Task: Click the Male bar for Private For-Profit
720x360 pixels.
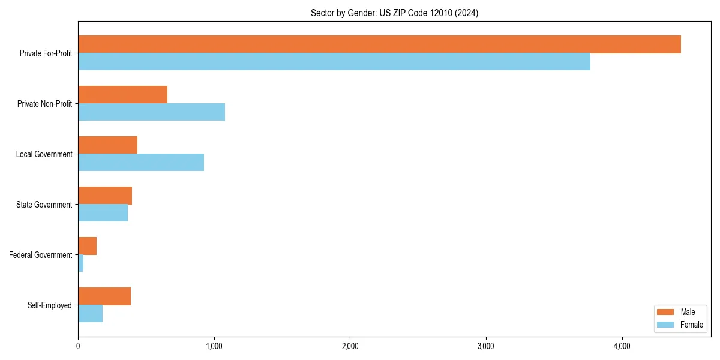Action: [x=379, y=44]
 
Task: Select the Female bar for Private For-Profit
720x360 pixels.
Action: [x=334, y=62]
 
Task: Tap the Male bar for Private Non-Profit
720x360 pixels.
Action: [x=122, y=95]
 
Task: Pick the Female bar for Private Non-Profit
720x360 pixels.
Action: [x=151, y=112]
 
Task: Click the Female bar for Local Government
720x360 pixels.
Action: [x=141, y=163]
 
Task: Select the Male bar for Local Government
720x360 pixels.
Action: [x=107, y=145]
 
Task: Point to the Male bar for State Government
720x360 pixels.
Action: [x=105, y=196]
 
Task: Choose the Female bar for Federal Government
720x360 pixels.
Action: [x=81, y=263]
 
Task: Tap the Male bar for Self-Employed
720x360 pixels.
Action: [x=104, y=296]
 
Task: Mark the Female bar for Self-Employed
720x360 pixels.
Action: [x=91, y=314]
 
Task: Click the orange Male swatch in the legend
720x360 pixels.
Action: [x=665, y=312]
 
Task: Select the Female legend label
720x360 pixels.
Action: [x=691, y=325]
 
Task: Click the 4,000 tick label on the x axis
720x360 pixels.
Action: [x=622, y=346]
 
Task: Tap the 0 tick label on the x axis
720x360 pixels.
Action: [x=78, y=346]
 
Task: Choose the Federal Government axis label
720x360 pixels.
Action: [x=40, y=255]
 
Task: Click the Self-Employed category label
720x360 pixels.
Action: [x=49, y=305]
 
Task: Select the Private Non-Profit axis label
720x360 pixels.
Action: [x=44, y=104]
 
